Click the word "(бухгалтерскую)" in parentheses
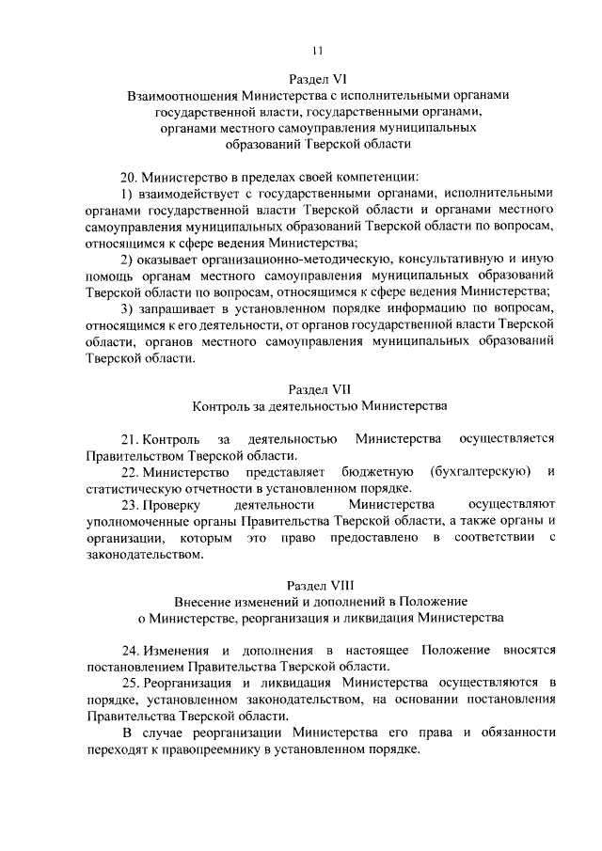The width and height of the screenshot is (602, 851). [x=480, y=471]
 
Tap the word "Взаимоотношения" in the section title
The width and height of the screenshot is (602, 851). [x=182, y=96]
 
